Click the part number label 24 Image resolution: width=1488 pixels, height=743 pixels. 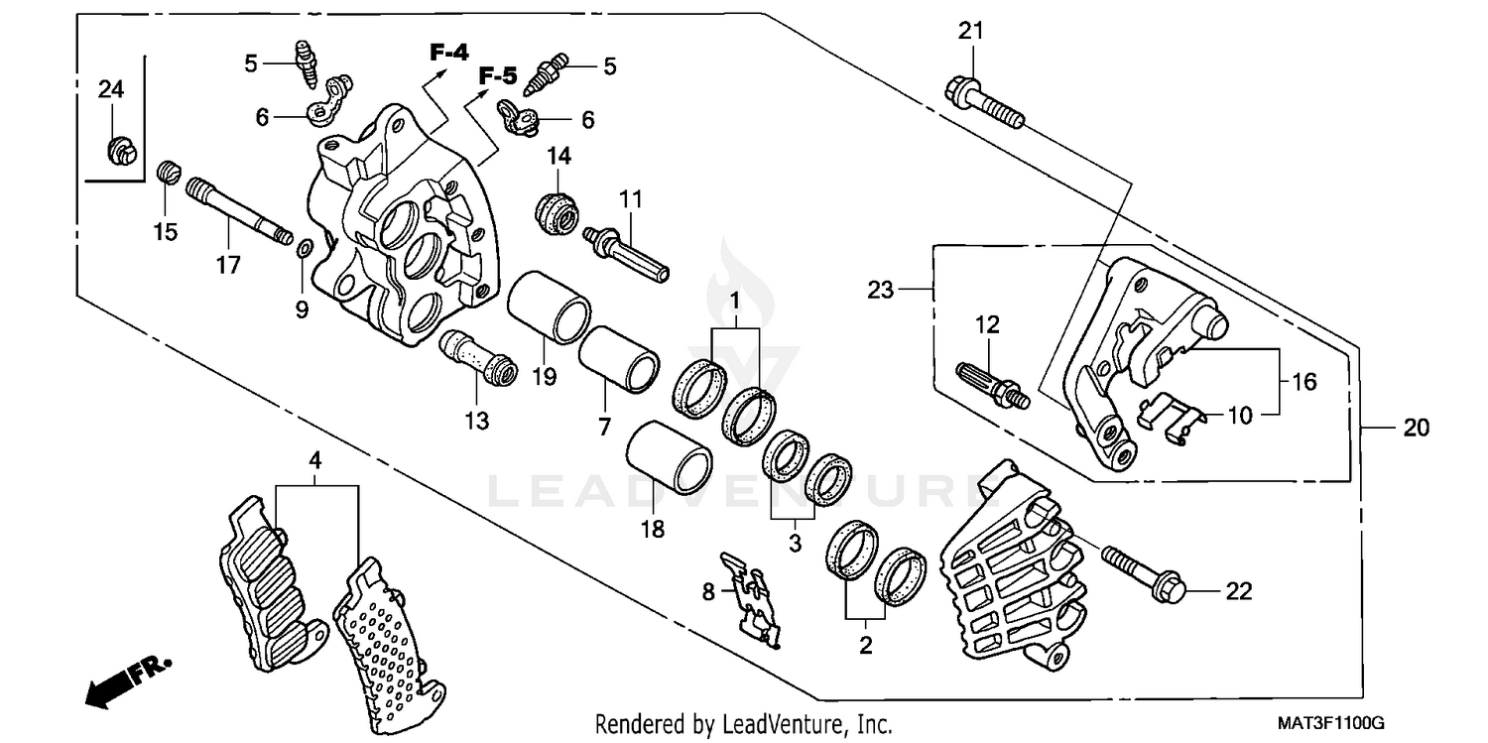110,89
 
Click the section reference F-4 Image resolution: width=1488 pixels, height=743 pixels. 448,53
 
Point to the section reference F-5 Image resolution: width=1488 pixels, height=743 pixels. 498,75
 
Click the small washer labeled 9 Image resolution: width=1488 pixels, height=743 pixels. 304,246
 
